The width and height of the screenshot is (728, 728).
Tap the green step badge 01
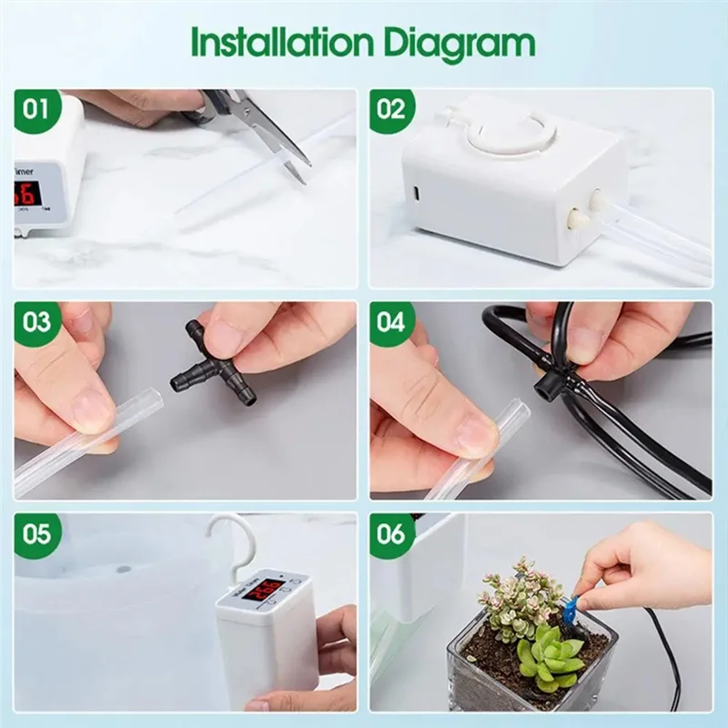36,110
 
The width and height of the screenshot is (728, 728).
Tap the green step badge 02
391,110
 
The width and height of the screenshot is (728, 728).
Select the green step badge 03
36,322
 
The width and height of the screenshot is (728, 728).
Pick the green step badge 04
391,322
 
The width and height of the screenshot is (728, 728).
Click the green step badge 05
36,533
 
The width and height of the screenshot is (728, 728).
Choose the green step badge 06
391,533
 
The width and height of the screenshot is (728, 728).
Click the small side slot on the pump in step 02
416,193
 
